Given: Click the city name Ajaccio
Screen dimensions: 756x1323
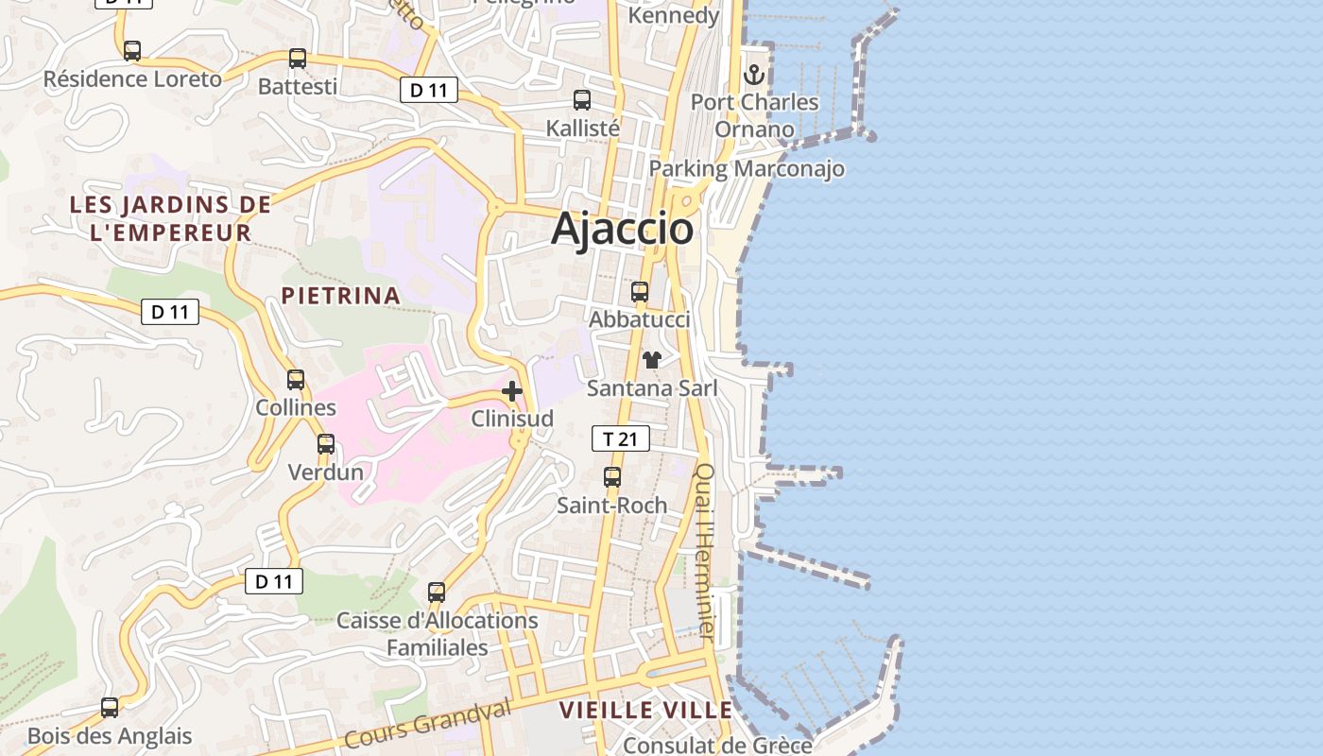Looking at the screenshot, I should point(622,229).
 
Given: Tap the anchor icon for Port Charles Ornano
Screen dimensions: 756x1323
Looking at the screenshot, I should point(754,74).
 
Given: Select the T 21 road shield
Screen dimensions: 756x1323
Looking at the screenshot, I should point(621,438).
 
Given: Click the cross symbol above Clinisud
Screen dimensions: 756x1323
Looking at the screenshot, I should point(512,390).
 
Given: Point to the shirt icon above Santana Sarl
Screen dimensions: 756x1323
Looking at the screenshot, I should point(651,359).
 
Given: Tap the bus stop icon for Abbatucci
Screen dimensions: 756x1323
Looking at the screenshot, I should point(640,292).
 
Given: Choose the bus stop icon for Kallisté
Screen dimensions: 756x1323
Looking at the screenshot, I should point(582,99).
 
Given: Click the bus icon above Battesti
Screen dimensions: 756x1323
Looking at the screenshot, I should point(298,59).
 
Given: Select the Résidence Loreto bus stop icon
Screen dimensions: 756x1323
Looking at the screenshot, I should point(132,51).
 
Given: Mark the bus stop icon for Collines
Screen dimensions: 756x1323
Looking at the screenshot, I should point(296,380).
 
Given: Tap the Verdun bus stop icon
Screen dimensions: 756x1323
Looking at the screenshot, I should point(326,443).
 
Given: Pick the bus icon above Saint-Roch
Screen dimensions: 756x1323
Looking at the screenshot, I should point(612,477).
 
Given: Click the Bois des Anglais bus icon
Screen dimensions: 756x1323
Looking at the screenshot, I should point(110,708).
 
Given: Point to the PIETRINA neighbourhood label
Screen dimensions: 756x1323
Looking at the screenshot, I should point(340,296).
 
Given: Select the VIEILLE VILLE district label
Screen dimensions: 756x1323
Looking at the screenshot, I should point(645,711).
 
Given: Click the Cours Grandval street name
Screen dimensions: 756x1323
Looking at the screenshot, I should point(427,724).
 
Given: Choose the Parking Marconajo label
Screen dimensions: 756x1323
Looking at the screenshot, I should point(747,169).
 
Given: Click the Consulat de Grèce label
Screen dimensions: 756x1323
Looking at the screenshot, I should point(717,745).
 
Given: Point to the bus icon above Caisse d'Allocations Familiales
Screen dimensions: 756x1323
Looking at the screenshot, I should point(437,593).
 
